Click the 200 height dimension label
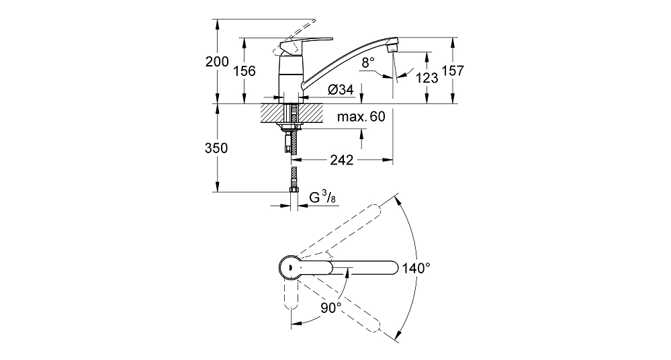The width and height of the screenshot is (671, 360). click(x=217, y=62)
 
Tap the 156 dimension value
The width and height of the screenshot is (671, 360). click(x=244, y=71)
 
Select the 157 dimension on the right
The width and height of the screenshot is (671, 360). click(x=453, y=71)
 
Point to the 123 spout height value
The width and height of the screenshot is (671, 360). click(x=427, y=77)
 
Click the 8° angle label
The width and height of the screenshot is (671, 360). click(x=368, y=62)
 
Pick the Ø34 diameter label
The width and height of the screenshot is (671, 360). click(x=341, y=89)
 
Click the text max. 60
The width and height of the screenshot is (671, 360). click(x=361, y=116)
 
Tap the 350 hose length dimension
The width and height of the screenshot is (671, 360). click(x=216, y=148)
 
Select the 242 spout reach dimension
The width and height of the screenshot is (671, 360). click(x=342, y=160)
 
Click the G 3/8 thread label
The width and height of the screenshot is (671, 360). click(x=322, y=197)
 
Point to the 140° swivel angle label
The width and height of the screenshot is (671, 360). click(x=416, y=269)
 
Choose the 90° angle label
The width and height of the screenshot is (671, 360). click(x=331, y=308)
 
